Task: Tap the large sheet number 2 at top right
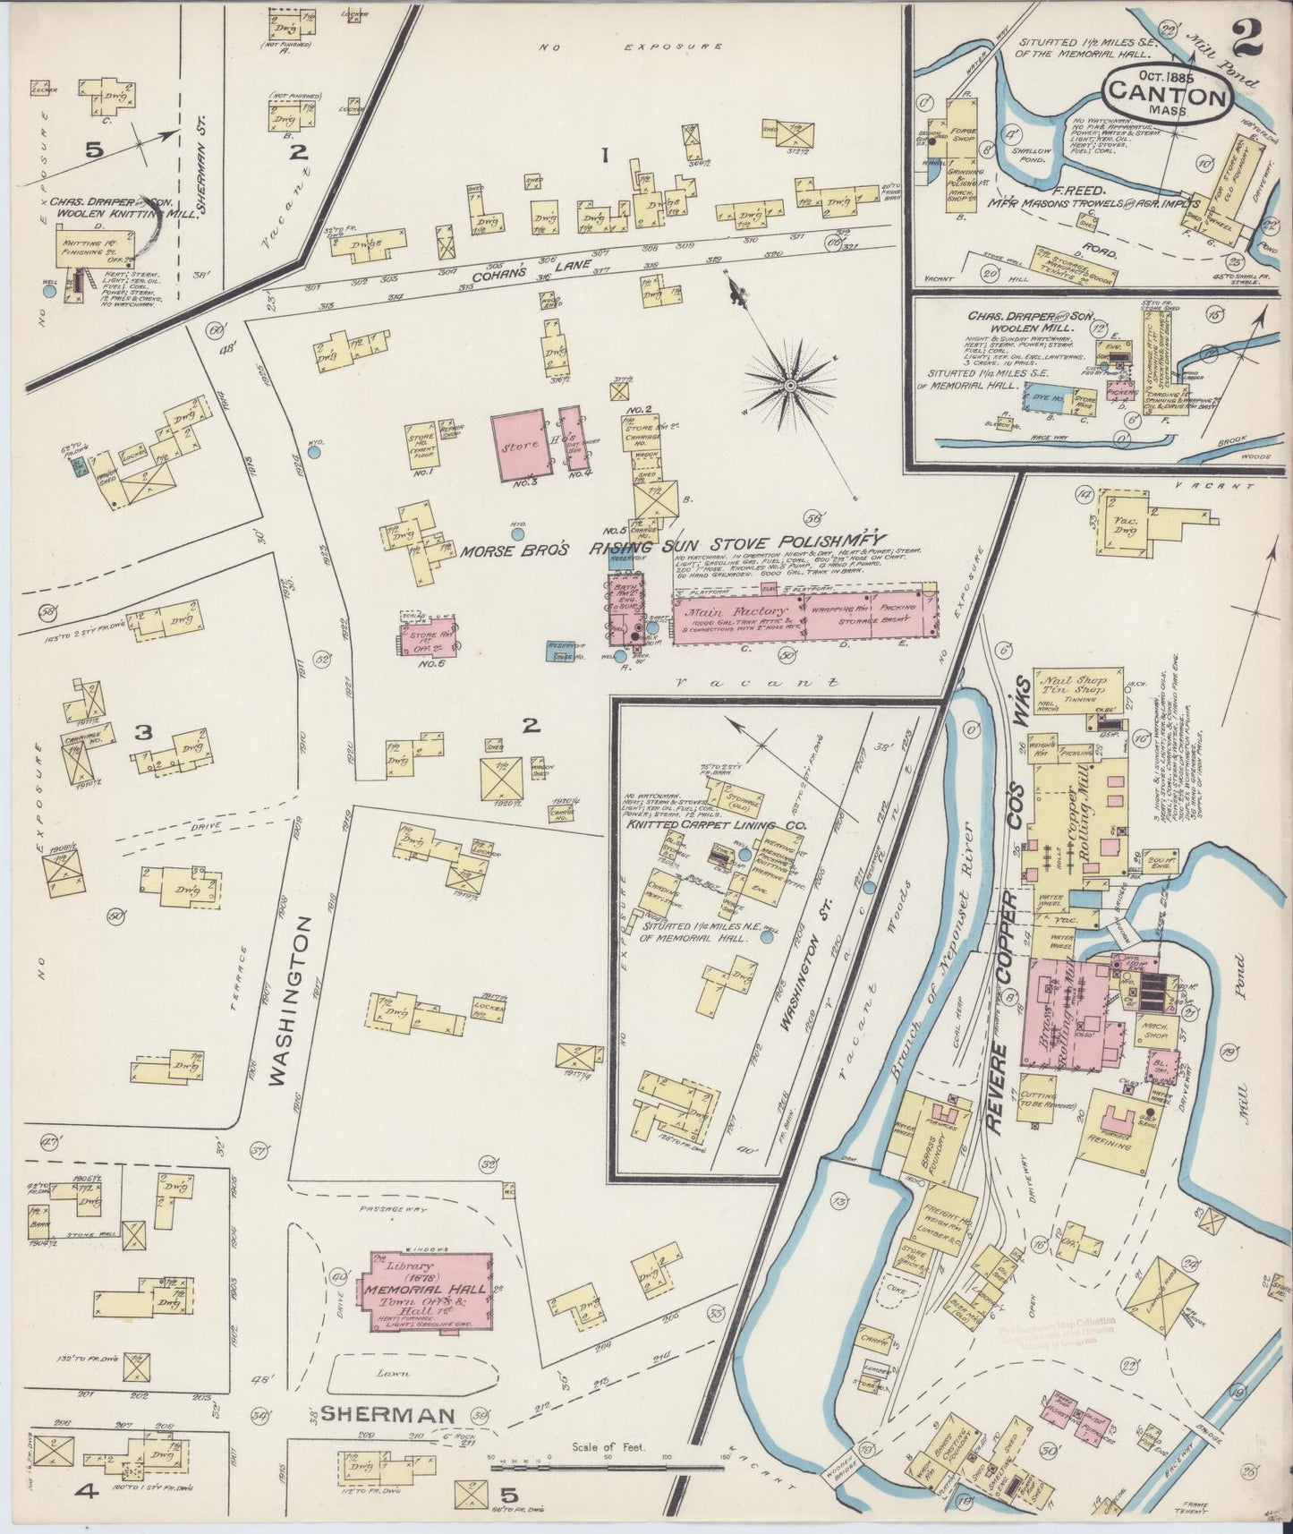(1247, 38)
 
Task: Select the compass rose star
(790, 385)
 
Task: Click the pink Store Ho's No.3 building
(519, 443)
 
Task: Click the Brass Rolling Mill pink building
(1068, 1011)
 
